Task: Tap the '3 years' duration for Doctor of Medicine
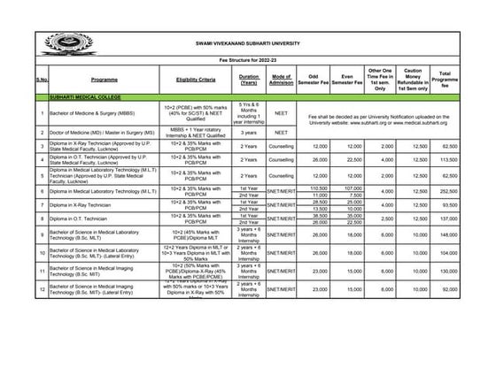[x=249, y=133]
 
